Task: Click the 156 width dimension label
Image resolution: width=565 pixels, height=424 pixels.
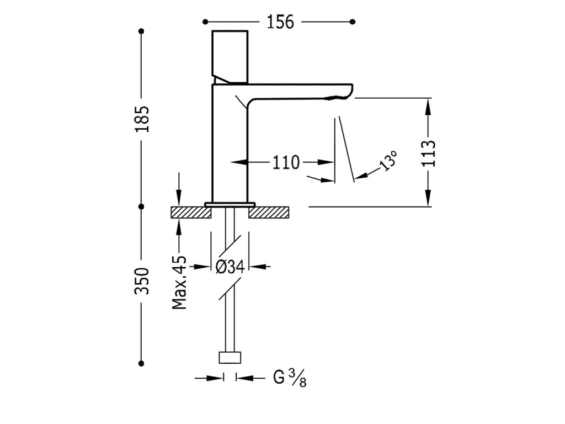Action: [x=280, y=22]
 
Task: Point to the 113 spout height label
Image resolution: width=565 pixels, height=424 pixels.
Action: [x=430, y=153]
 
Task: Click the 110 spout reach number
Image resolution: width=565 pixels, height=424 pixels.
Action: [x=285, y=162]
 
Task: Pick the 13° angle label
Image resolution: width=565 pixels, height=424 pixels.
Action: [x=387, y=161]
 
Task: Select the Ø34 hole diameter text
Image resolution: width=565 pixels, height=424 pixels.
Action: [x=230, y=267]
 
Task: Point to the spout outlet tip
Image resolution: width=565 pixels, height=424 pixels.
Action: [x=338, y=98]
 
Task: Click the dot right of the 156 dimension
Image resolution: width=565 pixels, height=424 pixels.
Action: [x=353, y=22]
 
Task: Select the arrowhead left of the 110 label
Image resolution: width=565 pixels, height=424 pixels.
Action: [x=237, y=162]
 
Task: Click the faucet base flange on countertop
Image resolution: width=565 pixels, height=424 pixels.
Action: [x=230, y=204]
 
